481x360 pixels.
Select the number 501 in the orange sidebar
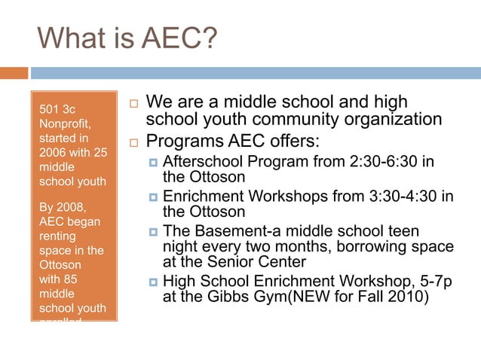[49, 111]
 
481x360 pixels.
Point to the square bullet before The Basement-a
[152, 232]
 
